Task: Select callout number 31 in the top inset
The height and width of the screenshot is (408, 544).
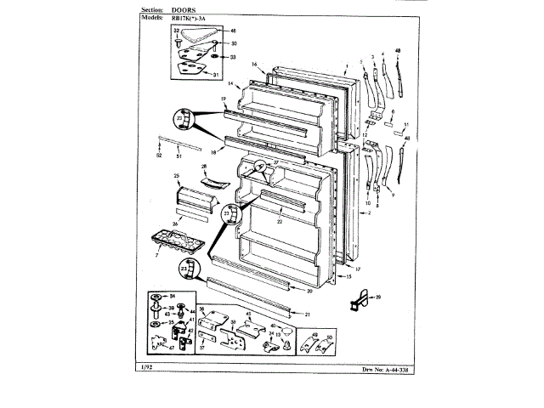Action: point(216,74)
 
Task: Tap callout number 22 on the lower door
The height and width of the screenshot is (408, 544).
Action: point(279,221)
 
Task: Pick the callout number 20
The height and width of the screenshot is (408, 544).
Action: point(309,290)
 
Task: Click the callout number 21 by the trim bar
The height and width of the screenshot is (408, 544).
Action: point(307,313)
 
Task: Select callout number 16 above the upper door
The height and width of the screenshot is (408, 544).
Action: point(254,65)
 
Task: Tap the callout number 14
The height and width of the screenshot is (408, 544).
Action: point(229,84)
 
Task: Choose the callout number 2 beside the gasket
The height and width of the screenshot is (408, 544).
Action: point(370,212)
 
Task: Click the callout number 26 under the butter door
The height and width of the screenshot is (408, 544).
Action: point(175,224)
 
